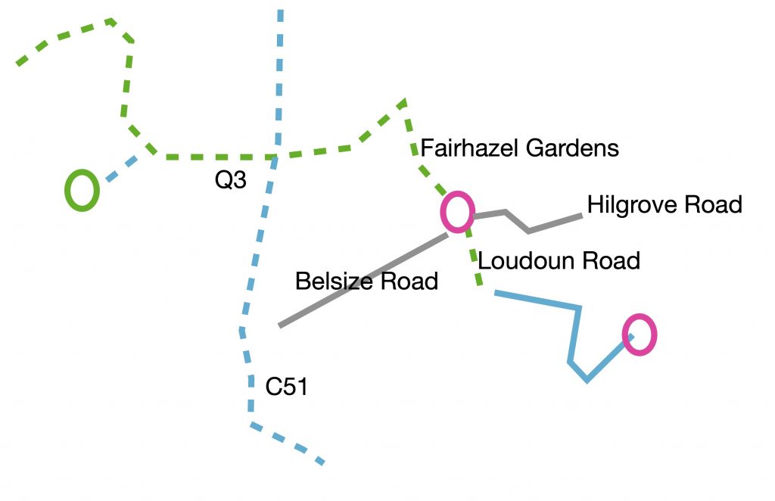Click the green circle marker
click(x=82, y=190)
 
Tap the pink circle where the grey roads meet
click(x=457, y=213)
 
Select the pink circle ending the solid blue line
click(x=640, y=335)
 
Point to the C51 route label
click(x=286, y=387)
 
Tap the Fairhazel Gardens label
click(x=519, y=148)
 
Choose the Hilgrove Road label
click(x=664, y=204)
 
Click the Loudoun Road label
click(x=559, y=260)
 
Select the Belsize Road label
click(x=366, y=282)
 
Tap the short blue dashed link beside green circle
click(x=122, y=170)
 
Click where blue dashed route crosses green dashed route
click(x=275, y=157)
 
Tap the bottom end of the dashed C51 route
click(x=322, y=462)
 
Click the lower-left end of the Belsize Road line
click(x=281, y=325)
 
